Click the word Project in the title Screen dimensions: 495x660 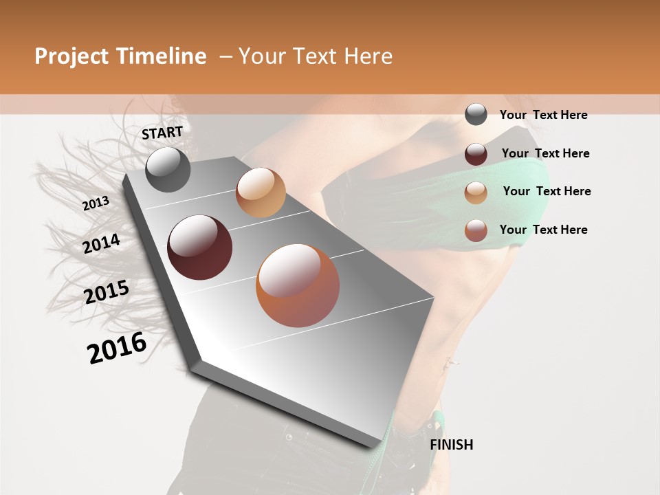(x=72, y=56)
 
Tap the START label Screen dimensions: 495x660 (x=162, y=133)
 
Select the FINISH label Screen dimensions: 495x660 (x=452, y=445)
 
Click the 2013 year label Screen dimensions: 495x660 (x=96, y=203)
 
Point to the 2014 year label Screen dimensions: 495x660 (x=101, y=243)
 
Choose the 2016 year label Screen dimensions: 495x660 (x=117, y=348)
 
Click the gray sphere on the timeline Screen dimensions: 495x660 (x=168, y=169)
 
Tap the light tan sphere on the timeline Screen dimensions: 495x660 (x=261, y=192)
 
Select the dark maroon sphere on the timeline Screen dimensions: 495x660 (x=199, y=247)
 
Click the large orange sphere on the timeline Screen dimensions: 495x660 (x=298, y=285)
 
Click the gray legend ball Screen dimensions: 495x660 (x=476, y=114)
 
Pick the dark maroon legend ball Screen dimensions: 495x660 (x=476, y=154)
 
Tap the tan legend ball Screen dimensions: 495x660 (x=476, y=192)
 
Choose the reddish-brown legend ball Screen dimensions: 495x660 (x=476, y=230)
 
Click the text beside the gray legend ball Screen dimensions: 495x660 (x=543, y=115)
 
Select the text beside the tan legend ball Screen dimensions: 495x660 (x=547, y=191)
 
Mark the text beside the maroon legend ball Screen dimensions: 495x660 (x=545, y=153)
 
